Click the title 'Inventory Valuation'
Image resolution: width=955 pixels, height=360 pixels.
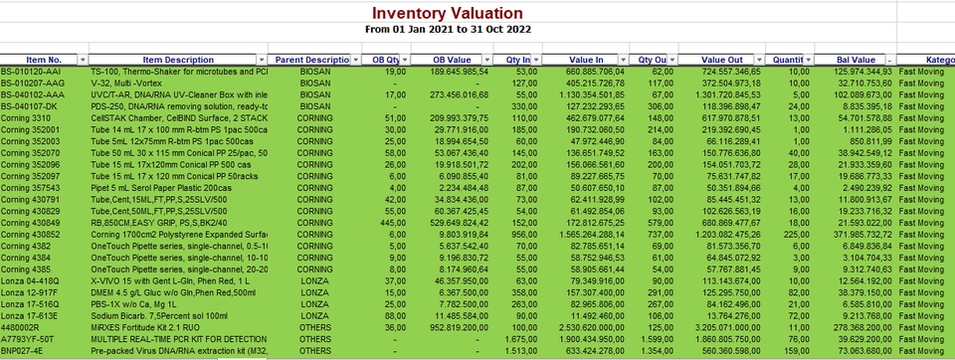(x=447, y=13)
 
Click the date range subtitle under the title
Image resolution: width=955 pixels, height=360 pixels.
(x=447, y=30)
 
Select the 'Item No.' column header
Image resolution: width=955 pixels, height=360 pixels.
(x=44, y=60)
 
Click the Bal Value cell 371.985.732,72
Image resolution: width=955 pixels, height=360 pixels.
(x=852, y=234)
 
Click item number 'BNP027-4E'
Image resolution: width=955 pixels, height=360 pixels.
(x=25, y=351)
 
